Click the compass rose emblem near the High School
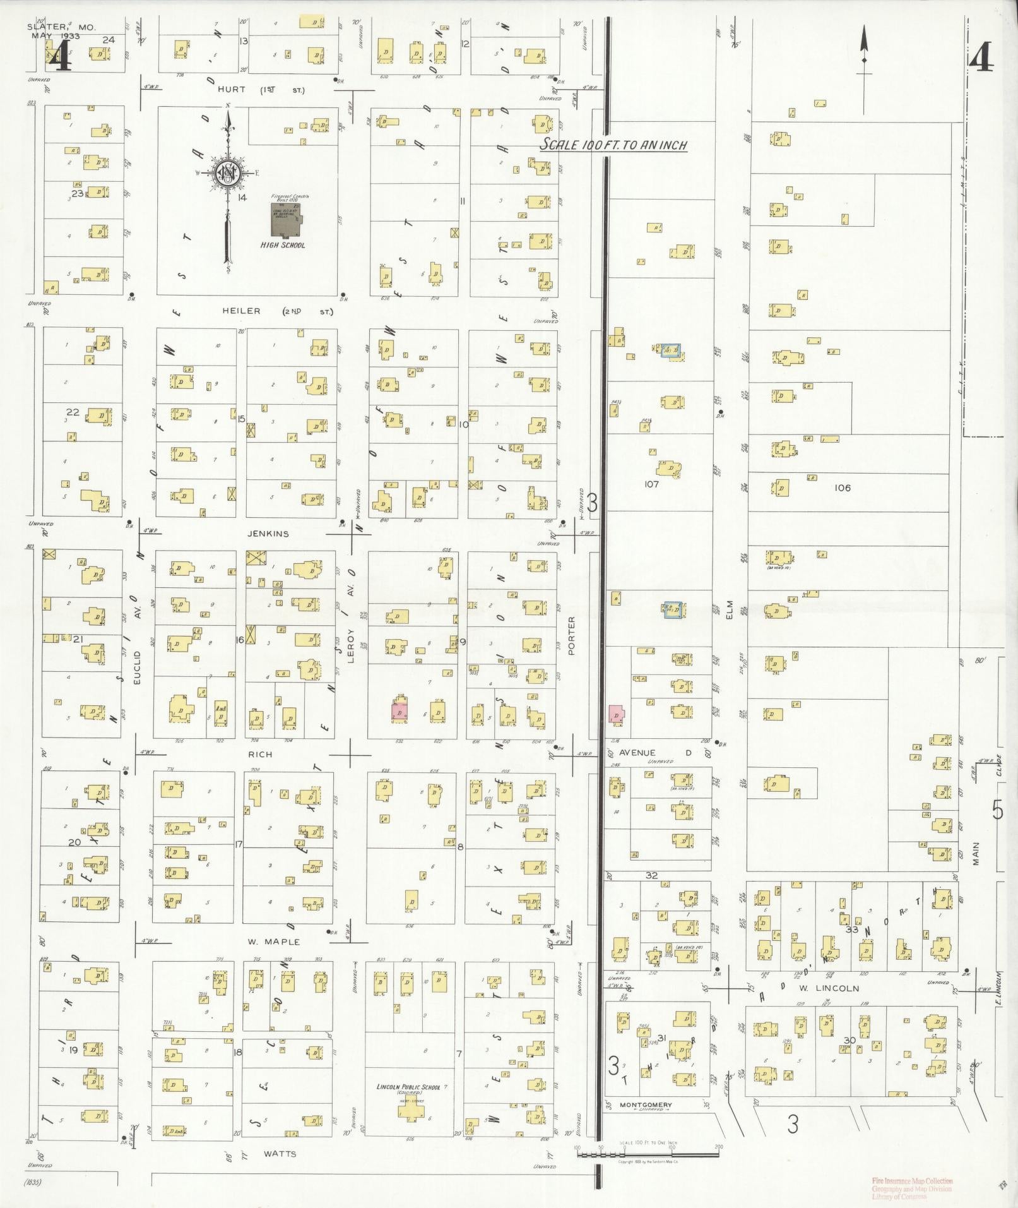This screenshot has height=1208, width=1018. [x=227, y=172]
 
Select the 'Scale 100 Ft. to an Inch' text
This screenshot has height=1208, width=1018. [x=613, y=145]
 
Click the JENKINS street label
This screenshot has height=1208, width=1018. [x=269, y=534]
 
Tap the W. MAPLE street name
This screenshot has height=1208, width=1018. [x=273, y=942]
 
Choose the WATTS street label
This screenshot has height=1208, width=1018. [x=280, y=1154]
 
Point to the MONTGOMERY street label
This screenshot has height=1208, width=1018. [x=645, y=1105]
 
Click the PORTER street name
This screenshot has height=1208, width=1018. [x=572, y=636]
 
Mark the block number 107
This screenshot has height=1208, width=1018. [x=652, y=484]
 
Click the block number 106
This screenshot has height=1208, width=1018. [x=842, y=487]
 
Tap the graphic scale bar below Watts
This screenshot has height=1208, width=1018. [x=647, y=1155]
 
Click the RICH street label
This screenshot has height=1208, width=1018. [x=260, y=754]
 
